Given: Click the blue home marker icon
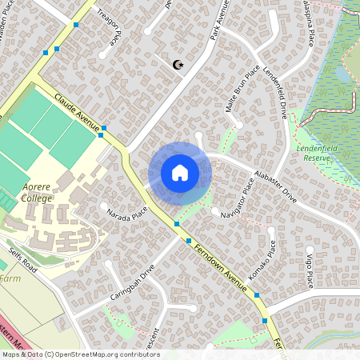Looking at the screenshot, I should [180, 173].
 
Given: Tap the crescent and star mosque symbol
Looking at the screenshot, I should [178, 64].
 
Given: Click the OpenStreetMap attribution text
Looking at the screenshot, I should [80, 354].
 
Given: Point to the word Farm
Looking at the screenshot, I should [10, 278].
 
